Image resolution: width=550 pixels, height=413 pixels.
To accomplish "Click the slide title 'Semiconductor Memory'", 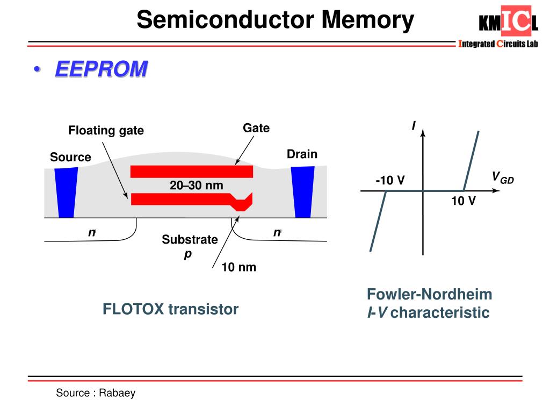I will click(x=275, y=20).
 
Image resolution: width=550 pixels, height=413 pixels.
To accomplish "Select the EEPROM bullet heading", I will click(x=101, y=69).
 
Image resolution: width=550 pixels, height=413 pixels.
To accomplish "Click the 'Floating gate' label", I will click(x=106, y=131).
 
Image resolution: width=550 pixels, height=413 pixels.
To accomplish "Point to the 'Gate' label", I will click(x=256, y=128).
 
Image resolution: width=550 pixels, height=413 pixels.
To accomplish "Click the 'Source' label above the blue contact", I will click(x=70, y=158).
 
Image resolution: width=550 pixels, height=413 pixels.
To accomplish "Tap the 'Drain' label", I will click(x=302, y=154).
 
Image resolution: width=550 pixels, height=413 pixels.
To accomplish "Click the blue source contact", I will click(x=67, y=192).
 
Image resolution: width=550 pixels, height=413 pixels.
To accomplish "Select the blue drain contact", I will click(x=302, y=191).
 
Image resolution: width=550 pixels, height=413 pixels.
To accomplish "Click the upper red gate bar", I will click(x=191, y=172).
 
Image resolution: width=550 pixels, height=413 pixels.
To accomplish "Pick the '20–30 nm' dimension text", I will click(x=196, y=186).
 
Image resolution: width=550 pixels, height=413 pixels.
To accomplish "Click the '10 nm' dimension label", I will click(x=239, y=267).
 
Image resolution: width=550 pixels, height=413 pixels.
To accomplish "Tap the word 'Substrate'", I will click(x=190, y=239).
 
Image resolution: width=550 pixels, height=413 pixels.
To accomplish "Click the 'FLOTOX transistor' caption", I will click(x=170, y=309).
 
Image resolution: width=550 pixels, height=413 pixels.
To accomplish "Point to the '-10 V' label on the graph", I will click(x=390, y=181).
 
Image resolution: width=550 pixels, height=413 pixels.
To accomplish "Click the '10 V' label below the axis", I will click(x=463, y=201).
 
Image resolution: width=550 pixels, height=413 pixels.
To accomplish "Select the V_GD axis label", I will click(x=503, y=177).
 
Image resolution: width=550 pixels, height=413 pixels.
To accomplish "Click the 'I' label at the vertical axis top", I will click(x=414, y=126).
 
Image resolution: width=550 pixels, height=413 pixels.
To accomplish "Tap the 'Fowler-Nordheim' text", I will click(x=429, y=294).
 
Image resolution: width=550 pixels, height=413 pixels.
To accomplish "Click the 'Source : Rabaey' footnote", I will click(x=96, y=393).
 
